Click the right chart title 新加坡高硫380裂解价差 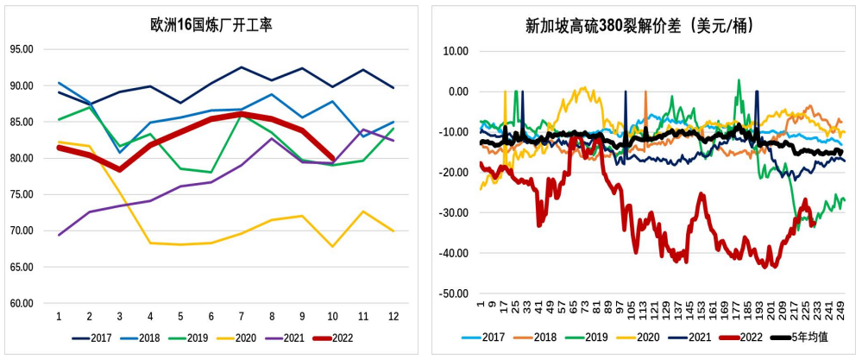pos(640,25)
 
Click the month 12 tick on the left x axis pos(393,317)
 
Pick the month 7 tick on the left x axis pos(242,317)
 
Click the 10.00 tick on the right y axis pos(454,51)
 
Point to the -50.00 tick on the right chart pos(452,294)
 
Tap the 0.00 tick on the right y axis pos(456,92)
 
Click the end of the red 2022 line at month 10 pos(333,158)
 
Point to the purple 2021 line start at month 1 pos(59,235)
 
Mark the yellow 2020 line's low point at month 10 pos(333,246)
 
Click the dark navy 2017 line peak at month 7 pos(242,67)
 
